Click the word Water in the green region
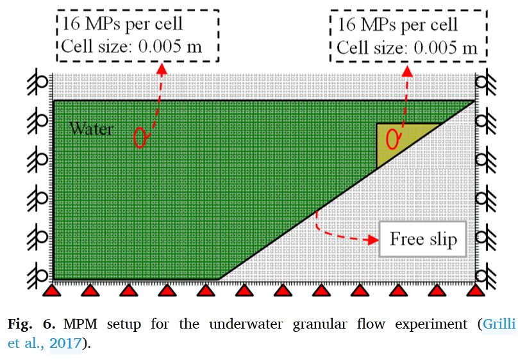point(91,129)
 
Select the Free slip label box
point(424,240)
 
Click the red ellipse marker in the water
point(140,136)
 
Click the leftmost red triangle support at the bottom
point(53,290)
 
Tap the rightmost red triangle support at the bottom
point(475,290)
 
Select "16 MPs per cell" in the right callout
point(397,25)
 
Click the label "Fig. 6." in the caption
point(28,324)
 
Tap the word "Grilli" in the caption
point(499,324)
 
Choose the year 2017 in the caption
point(65,343)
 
